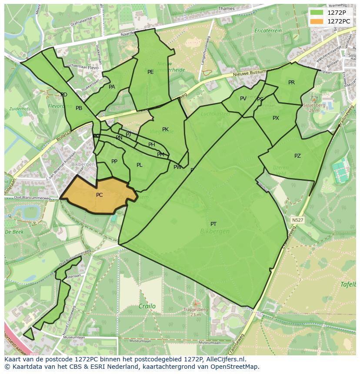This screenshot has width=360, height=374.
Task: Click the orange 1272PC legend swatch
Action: click(x=317, y=21)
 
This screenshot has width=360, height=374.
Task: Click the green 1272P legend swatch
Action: click(x=317, y=13)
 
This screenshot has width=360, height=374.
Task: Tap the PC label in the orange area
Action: click(x=99, y=195)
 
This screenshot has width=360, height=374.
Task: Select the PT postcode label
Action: click(x=213, y=224)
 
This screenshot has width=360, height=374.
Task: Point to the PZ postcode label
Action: click(x=297, y=156)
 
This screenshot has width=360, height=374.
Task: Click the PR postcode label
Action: click(x=291, y=83)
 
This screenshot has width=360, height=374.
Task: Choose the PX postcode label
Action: click(x=276, y=118)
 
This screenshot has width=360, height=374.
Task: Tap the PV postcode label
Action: click(x=243, y=99)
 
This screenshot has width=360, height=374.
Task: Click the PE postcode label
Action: click(x=150, y=72)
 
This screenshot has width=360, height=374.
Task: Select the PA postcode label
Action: click(x=112, y=87)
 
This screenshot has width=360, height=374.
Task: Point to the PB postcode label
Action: click(x=79, y=108)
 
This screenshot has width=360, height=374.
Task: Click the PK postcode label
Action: click(x=165, y=129)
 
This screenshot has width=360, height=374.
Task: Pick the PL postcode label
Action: click(x=139, y=165)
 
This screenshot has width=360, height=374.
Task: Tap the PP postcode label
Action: click(x=114, y=162)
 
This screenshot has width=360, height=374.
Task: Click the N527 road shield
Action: click(x=297, y=220)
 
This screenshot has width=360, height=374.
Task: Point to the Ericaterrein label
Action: click(x=268, y=31)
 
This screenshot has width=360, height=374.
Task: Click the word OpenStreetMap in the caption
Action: click(x=234, y=367)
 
